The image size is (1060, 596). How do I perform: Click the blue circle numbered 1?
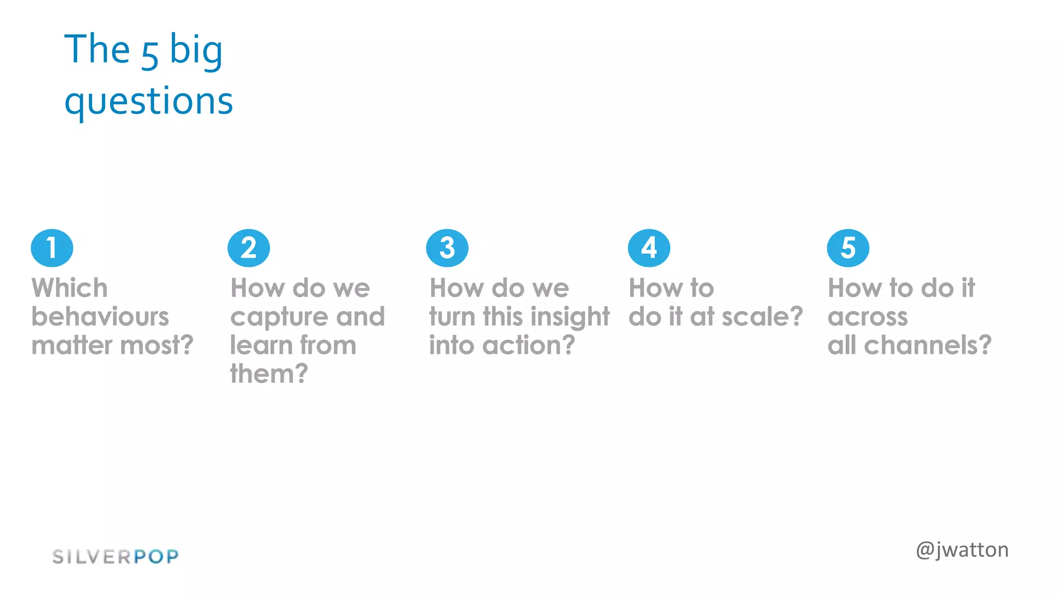(52, 248)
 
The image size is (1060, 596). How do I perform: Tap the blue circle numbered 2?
(248, 248)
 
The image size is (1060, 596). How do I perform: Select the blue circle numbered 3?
(447, 248)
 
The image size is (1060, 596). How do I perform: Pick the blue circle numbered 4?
(649, 248)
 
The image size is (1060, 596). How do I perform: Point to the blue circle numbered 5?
(848, 248)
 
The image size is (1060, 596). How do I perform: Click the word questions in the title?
(149, 101)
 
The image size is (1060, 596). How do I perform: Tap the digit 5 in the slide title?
(150, 56)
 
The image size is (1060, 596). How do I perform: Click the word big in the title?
(196, 51)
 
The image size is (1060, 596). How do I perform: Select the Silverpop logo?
(115, 557)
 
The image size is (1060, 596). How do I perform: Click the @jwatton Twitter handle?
(962, 550)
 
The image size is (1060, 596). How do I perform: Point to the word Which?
(69, 288)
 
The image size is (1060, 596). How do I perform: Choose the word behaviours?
(100, 317)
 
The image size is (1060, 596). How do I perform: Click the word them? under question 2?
(269, 374)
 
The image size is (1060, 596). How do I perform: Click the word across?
(867, 317)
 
